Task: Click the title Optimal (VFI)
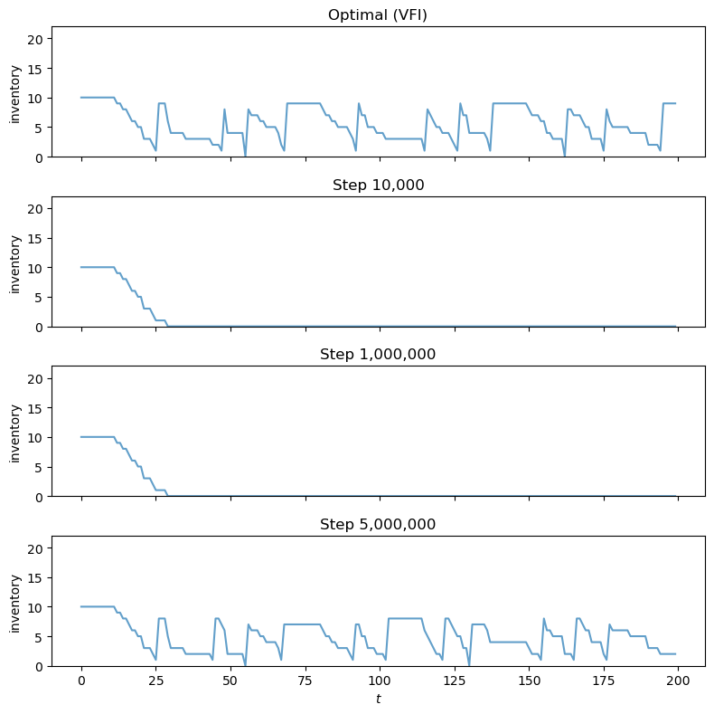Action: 378,14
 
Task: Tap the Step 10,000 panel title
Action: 378,185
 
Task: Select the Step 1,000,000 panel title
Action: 378,354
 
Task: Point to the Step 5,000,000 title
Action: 378,524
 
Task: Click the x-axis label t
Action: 378,700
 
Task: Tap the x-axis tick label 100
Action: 380,681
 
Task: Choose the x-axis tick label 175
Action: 604,681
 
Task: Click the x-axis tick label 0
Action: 81,681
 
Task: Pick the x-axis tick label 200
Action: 678,681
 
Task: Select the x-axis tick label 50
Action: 230,681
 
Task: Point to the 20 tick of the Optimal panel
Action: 38,39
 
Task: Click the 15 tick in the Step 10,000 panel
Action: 38,238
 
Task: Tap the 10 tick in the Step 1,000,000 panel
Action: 38,437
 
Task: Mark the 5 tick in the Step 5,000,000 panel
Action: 41,636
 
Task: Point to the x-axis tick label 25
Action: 155,681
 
